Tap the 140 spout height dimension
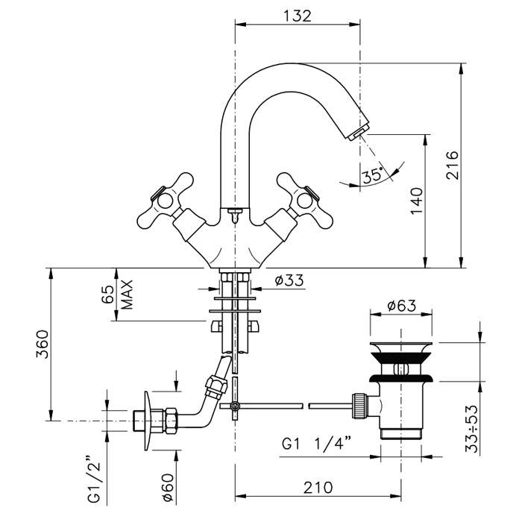[417, 201]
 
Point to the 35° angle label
[371, 176]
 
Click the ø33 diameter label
[289, 280]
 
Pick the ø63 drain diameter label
[402, 306]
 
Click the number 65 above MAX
[108, 294]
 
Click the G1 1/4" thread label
[321, 444]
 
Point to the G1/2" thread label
[93, 477]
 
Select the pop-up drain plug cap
[402, 349]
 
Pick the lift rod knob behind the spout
[235, 215]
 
